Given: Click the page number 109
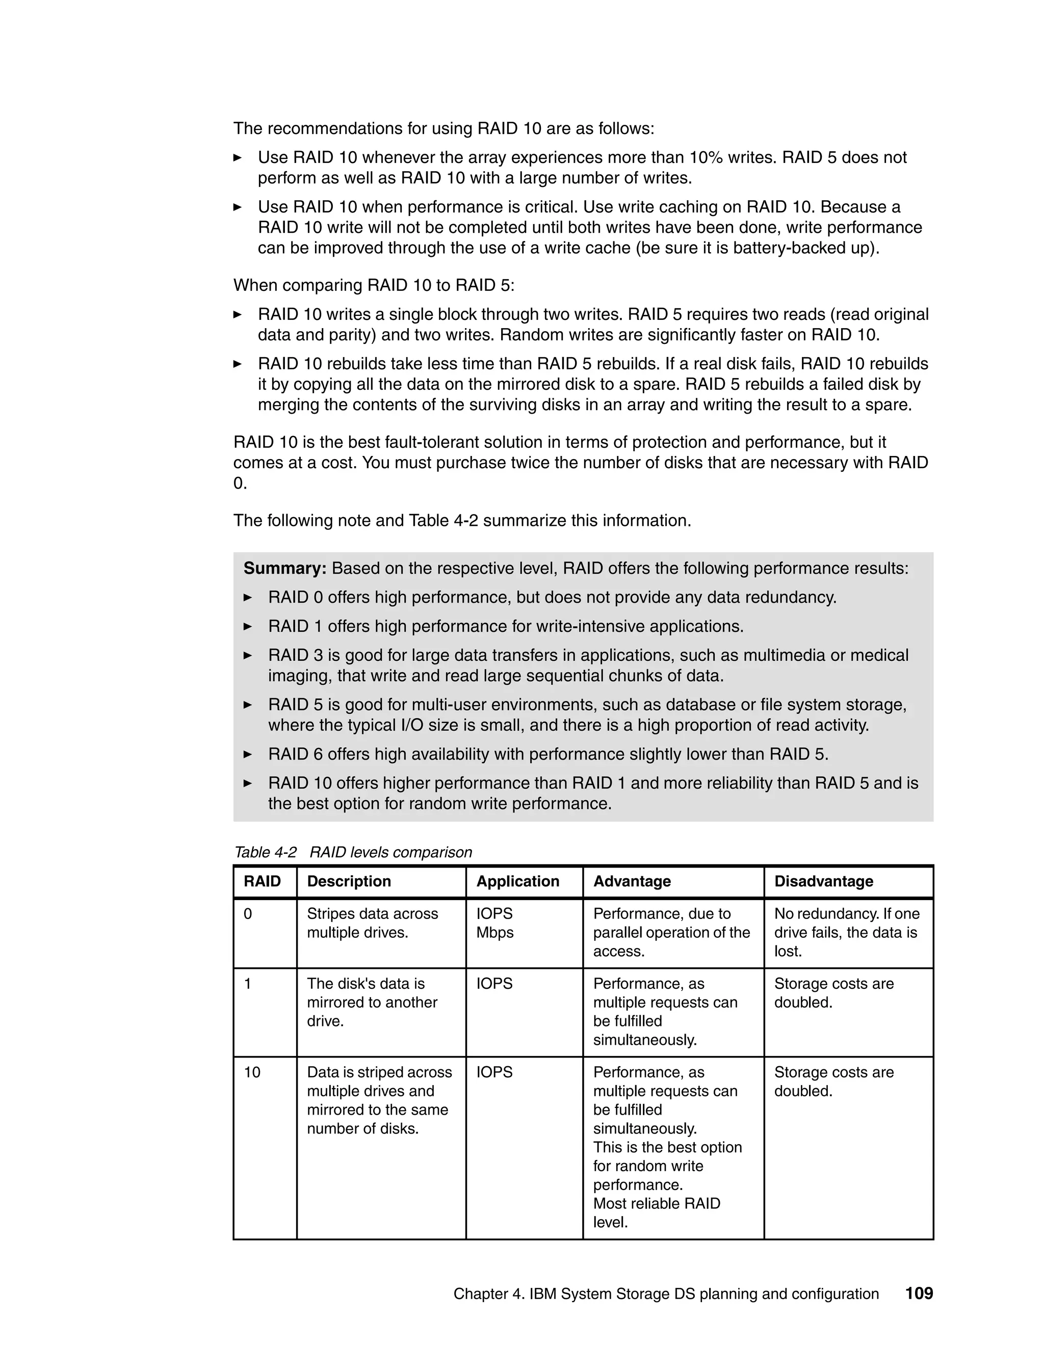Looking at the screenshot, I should [919, 1293].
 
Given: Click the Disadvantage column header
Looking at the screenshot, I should [823, 881].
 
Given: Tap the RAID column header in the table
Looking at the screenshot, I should [262, 881].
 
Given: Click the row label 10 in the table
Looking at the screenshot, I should [252, 1072].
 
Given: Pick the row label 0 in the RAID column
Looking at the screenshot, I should [248, 913].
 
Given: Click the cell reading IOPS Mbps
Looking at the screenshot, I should [495, 923].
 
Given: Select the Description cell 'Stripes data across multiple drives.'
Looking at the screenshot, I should [372, 923].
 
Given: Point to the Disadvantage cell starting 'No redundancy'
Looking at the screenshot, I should [846, 932].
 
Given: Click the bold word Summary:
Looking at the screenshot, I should [284, 568].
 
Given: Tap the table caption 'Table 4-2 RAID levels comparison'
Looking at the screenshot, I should [353, 852].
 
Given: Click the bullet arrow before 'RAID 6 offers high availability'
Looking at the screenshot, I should [248, 754].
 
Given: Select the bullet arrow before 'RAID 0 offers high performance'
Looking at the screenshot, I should [248, 597].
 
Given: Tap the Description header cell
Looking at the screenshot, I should [349, 881].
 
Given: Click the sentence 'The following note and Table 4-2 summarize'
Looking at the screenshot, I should [461, 521].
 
